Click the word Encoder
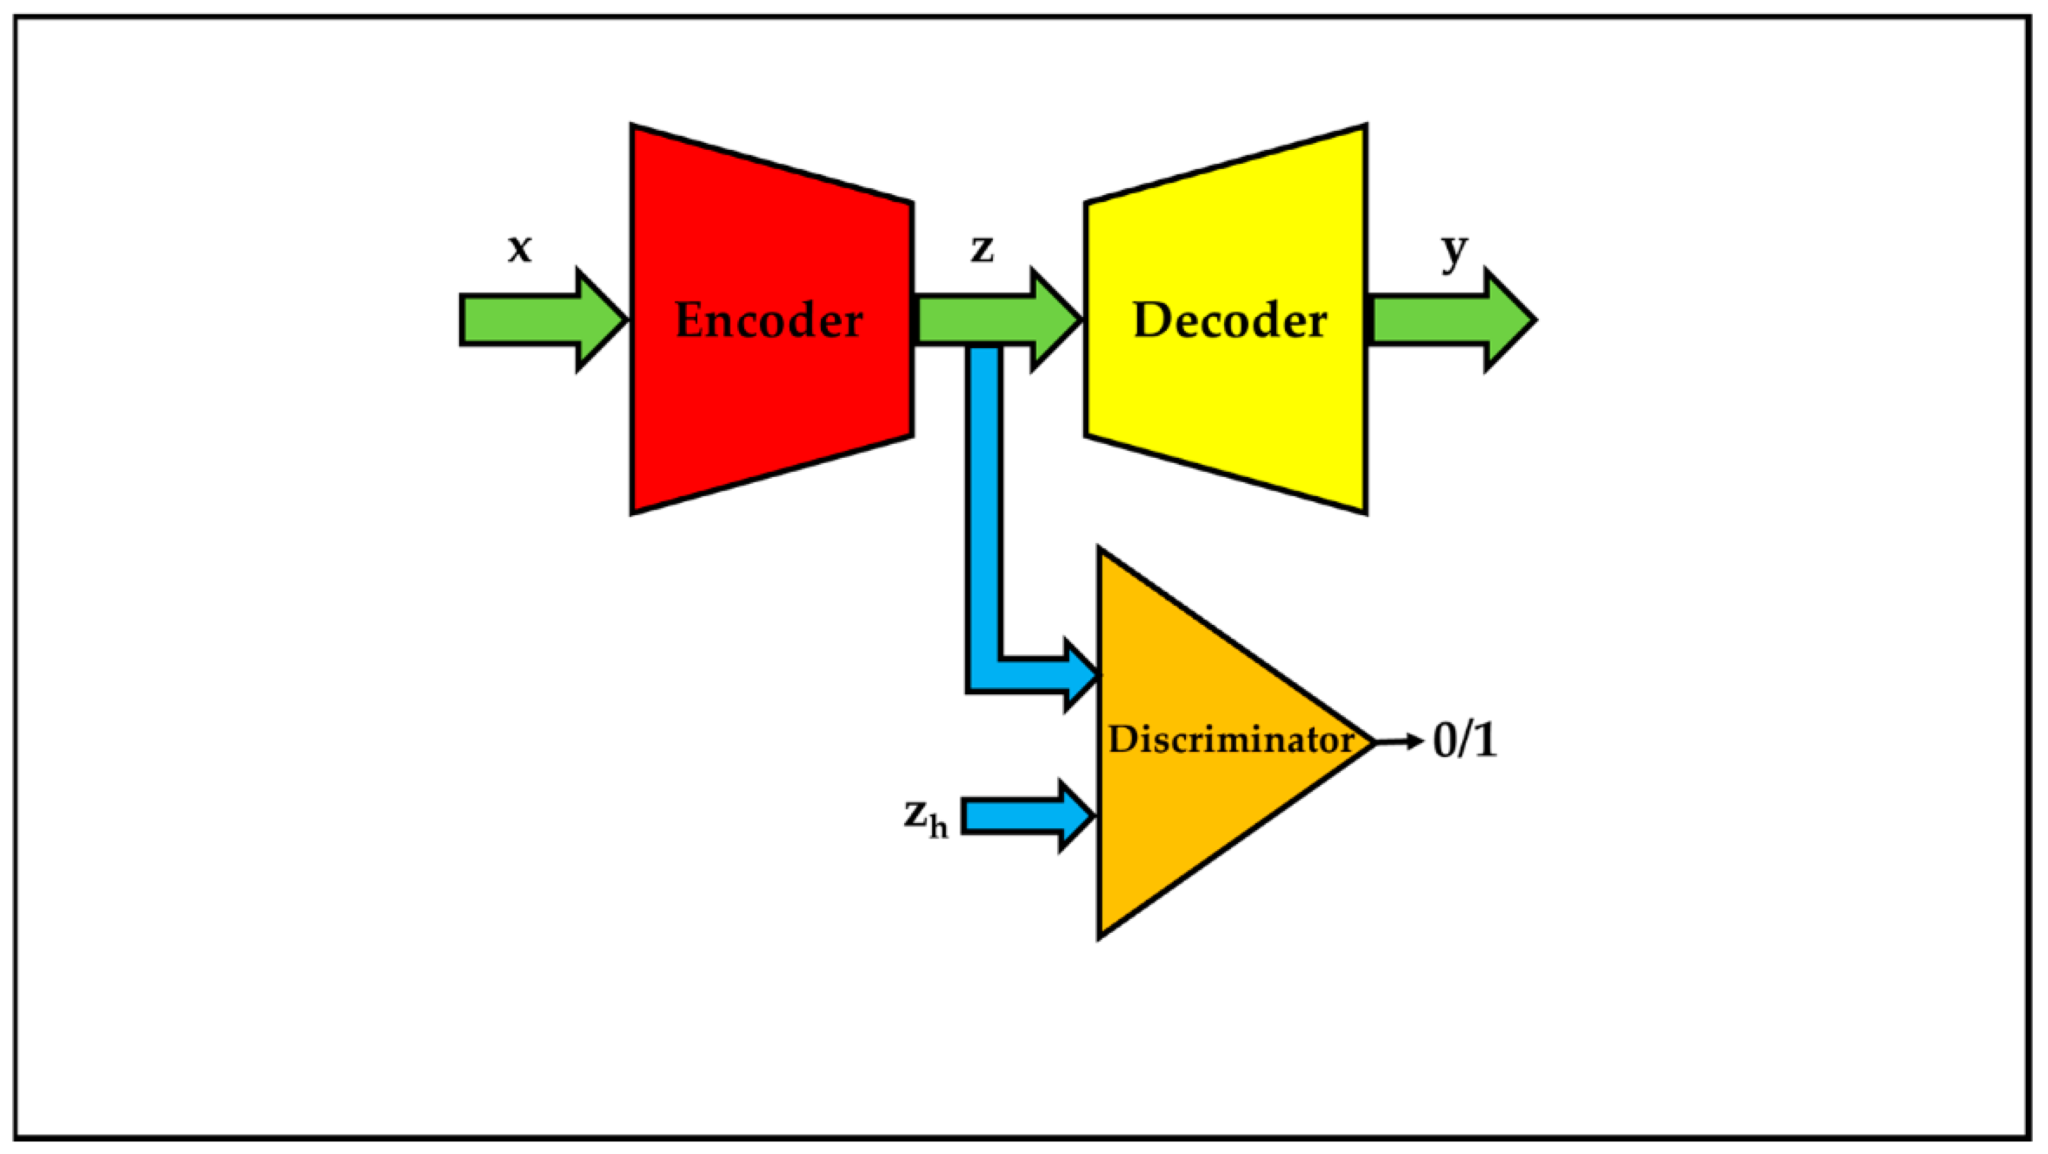[768, 321]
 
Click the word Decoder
[1229, 321]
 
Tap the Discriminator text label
[1230, 740]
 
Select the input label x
[519, 248]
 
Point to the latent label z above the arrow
[983, 248]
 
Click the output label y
[1454, 251]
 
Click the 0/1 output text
[1464, 740]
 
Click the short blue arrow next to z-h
[1025, 816]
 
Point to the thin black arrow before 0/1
[1399, 742]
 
